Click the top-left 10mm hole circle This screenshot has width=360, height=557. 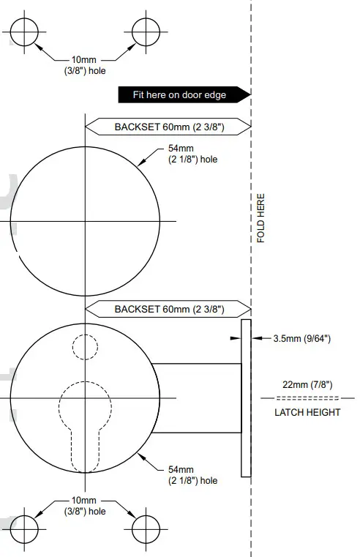25,31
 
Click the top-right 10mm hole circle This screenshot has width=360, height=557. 146,31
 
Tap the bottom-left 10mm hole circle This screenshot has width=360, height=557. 25,527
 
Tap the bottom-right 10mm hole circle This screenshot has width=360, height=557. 146,527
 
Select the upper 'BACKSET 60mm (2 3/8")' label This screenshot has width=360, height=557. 168,127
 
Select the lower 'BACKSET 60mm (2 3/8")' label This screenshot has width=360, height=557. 168,309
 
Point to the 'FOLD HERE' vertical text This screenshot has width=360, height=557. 261,218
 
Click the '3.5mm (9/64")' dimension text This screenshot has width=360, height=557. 301,339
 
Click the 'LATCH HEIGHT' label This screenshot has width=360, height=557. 307,412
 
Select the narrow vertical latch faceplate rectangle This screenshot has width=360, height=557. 246,397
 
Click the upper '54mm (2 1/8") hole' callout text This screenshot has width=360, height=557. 192,154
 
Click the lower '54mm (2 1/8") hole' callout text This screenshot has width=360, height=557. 192,475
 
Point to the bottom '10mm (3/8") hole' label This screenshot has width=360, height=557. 86,505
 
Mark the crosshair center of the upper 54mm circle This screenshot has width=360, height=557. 86,220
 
